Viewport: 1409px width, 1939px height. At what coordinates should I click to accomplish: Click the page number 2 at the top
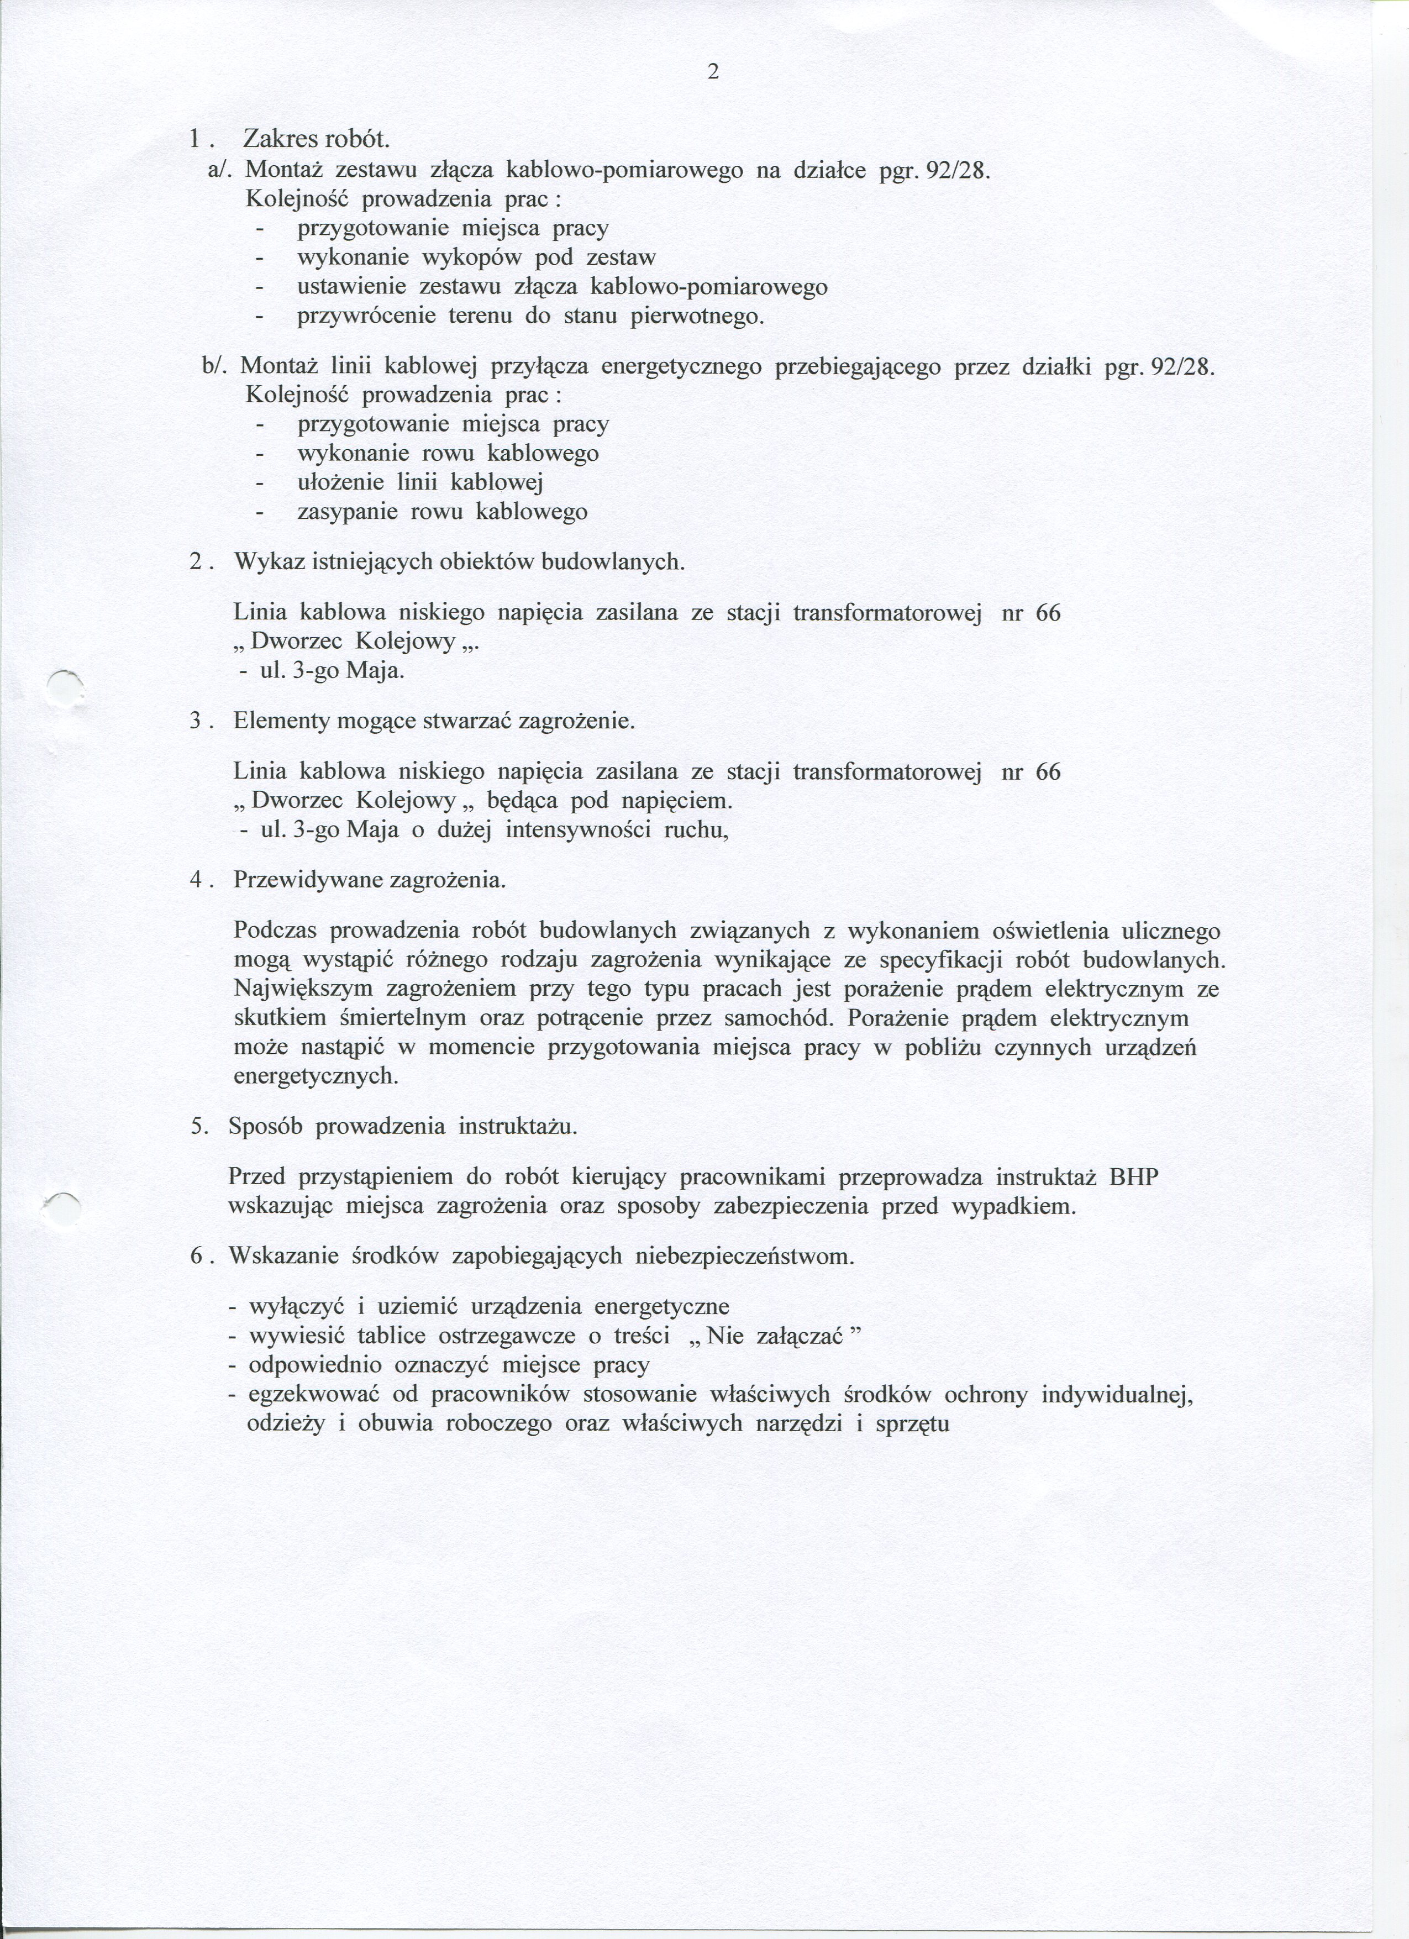pos(713,73)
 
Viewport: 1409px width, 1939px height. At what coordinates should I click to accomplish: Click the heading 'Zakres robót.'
pos(317,138)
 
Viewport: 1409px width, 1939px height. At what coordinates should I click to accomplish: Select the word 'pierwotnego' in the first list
pos(693,316)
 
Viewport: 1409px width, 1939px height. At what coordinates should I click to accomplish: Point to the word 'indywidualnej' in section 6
pos(1117,1394)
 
